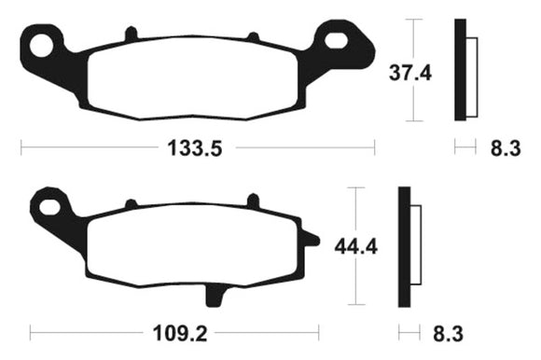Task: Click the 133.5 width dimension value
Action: coord(198,147)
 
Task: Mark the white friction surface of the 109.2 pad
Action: coord(191,244)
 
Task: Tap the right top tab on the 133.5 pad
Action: coord(252,36)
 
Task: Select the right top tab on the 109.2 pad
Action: coord(251,200)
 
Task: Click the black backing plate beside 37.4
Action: coord(459,70)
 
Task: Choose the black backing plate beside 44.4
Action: coord(404,248)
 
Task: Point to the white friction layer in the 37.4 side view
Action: coord(470,71)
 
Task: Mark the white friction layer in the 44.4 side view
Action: coord(415,248)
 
